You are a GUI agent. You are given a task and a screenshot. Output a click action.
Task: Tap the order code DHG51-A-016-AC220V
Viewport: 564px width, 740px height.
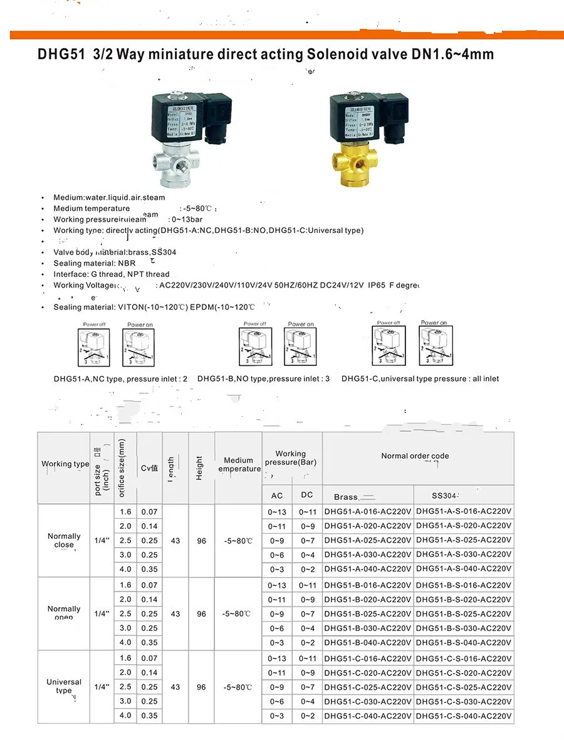[368, 511]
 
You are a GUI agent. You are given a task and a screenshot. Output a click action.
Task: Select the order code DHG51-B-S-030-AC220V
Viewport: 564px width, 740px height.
[464, 628]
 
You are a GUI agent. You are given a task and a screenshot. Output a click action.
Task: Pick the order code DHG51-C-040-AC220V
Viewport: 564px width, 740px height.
[368, 716]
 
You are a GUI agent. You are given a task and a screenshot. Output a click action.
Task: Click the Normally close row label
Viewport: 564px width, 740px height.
[64, 540]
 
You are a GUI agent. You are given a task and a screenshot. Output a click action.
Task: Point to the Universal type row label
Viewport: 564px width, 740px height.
[64, 686]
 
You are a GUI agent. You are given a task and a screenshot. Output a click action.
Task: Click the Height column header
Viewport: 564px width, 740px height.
[200, 467]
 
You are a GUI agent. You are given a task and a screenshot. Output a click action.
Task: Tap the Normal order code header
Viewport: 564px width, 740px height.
[415, 456]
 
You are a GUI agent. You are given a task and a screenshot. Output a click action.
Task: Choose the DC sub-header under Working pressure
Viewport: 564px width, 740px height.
[306, 495]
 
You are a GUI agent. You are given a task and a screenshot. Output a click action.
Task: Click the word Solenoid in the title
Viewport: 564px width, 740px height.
[335, 55]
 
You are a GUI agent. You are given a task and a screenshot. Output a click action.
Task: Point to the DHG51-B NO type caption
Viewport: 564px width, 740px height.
[263, 379]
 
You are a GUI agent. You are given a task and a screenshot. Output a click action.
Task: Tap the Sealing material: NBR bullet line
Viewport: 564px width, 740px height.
[95, 264]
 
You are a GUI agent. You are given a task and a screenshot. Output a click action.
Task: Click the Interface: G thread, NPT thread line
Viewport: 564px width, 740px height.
[112, 274]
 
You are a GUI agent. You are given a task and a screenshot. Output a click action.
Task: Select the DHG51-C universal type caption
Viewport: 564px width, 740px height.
[420, 379]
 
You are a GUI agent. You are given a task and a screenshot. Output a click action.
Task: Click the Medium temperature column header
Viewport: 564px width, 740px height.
[238, 464]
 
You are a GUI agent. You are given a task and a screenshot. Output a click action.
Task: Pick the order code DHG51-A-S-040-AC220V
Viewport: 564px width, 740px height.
[464, 570]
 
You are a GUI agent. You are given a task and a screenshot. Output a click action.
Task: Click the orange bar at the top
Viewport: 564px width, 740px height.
[282, 34]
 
